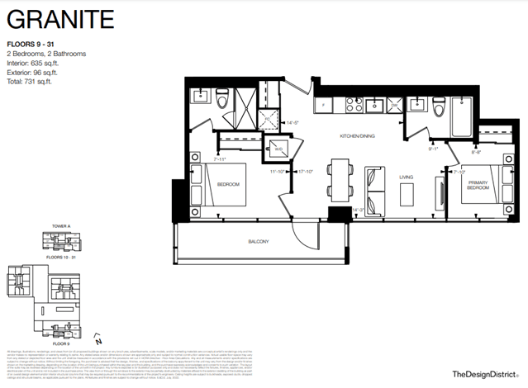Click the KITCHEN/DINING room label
coord(359,135)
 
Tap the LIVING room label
coord(406,176)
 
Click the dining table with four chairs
coord(337,178)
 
